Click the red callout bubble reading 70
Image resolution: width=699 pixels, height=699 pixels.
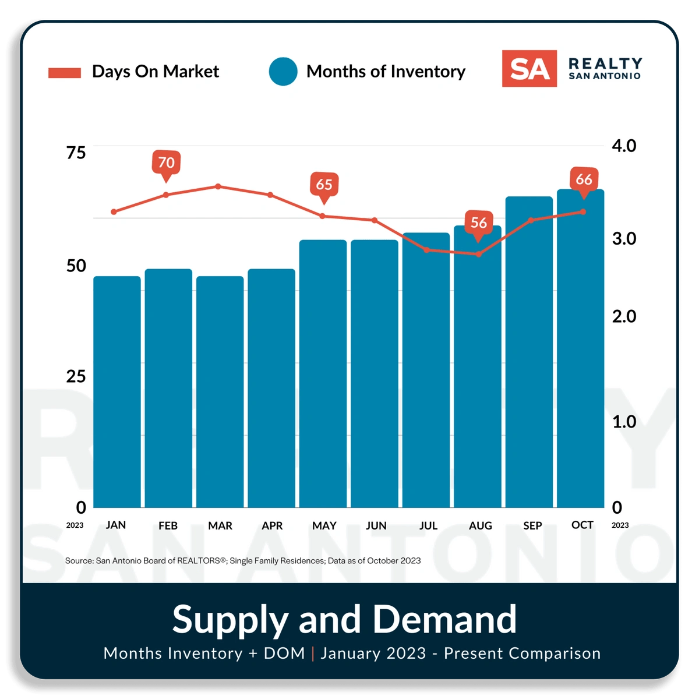(166, 163)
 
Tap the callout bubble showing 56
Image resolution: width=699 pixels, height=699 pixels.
(478, 223)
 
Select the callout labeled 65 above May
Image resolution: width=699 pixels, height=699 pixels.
(324, 185)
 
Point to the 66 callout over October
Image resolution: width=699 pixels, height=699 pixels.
(584, 179)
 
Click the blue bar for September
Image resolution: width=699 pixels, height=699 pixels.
(529, 352)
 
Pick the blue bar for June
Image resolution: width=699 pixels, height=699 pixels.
(375, 373)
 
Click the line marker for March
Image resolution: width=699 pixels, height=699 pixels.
(218, 186)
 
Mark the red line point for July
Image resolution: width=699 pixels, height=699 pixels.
(426, 250)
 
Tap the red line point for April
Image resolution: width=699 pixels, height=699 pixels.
(270, 195)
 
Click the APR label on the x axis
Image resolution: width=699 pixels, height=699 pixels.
(272, 525)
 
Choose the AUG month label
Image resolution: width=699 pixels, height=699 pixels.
(480, 525)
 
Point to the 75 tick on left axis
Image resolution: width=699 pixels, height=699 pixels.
(76, 153)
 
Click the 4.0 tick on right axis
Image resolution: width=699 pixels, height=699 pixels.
(623, 146)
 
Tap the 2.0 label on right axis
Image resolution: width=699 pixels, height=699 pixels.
(623, 316)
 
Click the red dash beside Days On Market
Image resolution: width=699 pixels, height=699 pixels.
(65, 73)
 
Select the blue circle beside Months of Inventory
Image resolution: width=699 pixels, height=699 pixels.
(283, 72)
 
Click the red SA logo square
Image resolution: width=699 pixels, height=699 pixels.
(529, 69)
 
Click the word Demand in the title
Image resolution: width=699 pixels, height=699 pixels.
(444, 619)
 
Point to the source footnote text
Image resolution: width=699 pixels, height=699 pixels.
(243, 560)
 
